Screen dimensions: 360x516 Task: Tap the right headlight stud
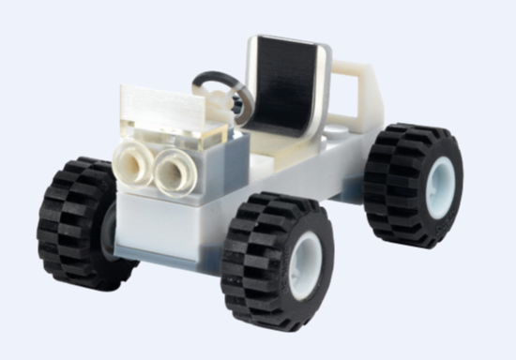173,172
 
